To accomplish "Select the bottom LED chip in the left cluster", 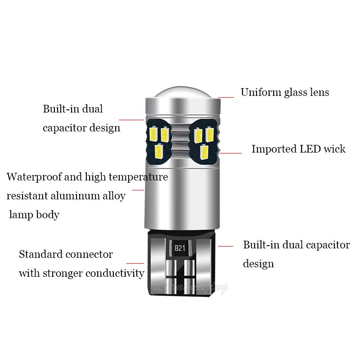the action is (x=158, y=150).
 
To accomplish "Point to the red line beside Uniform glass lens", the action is (x=226, y=97).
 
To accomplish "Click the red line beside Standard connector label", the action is (x=135, y=263).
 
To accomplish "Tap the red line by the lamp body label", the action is (x=138, y=190).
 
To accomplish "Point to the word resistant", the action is (x=27, y=196).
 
